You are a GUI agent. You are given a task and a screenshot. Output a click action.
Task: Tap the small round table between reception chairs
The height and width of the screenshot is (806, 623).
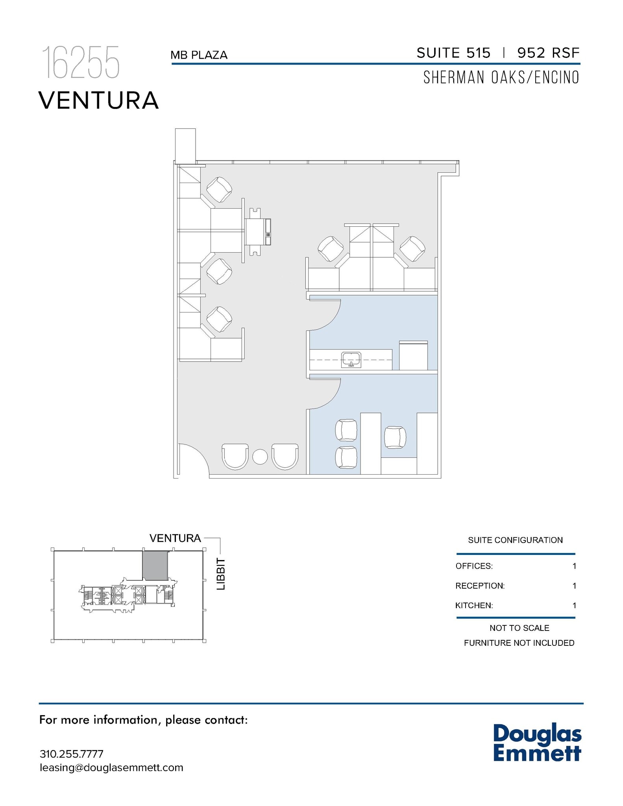tap(260, 457)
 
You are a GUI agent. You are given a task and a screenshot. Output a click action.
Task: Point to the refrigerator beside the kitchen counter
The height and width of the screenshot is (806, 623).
tap(413, 356)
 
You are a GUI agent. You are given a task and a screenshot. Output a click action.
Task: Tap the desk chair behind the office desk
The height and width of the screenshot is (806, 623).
tap(395, 437)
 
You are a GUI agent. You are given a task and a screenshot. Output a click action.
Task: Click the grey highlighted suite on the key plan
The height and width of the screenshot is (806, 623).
tap(155, 565)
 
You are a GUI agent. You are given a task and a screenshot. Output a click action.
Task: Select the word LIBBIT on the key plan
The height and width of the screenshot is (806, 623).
tap(222, 574)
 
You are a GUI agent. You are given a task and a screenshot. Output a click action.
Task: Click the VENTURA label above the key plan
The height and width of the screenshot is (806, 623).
tap(175, 538)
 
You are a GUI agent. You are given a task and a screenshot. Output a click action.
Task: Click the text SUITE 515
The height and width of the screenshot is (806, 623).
tap(453, 53)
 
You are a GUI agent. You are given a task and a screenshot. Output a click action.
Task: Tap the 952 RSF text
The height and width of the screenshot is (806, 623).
tap(548, 53)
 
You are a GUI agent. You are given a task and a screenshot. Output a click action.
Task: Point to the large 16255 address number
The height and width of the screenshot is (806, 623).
tap(81, 63)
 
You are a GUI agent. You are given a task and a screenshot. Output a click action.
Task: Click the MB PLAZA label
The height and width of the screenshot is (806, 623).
tap(199, 55)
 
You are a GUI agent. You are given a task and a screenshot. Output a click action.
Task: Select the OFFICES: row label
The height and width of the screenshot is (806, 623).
tap(474, 566)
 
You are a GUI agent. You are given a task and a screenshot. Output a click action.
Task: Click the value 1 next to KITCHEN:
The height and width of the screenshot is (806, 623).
tap(574, 605)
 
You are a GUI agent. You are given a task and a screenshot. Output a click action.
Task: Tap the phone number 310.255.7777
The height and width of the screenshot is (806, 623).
tap(72, 754)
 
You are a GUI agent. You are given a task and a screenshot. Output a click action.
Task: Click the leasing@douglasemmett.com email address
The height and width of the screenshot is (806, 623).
tap(111, 767)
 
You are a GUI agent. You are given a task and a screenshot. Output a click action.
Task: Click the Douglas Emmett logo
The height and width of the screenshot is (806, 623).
tap(537, 743)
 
